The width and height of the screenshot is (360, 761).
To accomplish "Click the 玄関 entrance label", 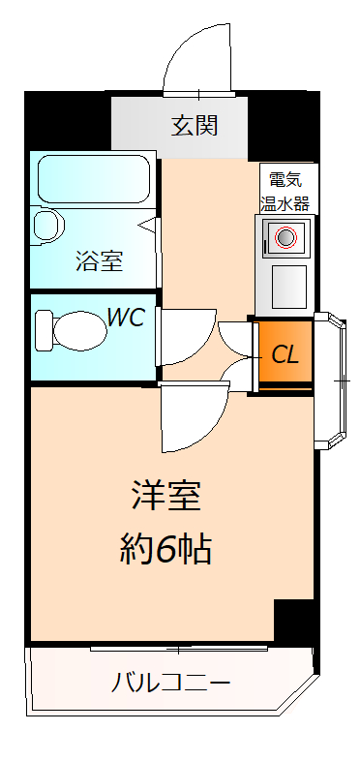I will pos(195,125).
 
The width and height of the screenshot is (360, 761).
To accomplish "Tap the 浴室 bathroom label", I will pos(99,259).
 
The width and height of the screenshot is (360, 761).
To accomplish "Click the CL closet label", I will pos(285,354).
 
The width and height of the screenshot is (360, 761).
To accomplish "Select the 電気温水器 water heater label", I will pos(285,191).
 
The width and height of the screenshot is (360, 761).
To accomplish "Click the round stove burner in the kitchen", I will pos(285,236).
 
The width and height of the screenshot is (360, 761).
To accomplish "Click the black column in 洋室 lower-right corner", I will pos(294,621).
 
